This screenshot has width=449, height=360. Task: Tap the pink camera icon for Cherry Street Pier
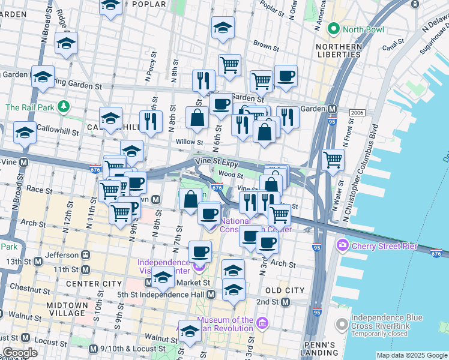[x=343, y=245]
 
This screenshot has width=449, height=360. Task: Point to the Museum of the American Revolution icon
[x=262, y=325]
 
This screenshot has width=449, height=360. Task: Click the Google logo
[x=20, y=353]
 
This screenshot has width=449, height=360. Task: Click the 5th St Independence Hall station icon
[x=211, y=295]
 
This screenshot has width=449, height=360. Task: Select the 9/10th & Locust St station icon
[x=92, y=349]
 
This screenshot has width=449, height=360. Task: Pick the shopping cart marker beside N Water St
[x=333, y=159]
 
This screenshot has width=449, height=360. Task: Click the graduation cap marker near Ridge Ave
[x=66, y=42]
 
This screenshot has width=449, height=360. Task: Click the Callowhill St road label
[x=58, y=128]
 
